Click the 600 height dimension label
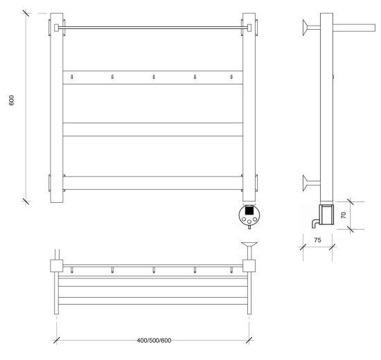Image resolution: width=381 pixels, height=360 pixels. pyautogui.click(x=11, y=100)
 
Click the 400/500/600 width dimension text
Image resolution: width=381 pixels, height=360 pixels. pyautogui.click(x=154, y=341)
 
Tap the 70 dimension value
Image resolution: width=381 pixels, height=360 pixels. pyautogui.click(x=344, y=215)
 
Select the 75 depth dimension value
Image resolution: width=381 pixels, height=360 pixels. pyautogui.click(x=317, y=240)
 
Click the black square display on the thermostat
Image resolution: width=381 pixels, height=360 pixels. pyautogui.click(x=249, y=210)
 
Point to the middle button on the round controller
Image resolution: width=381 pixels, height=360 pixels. pyautogui.click(x=249, y=222)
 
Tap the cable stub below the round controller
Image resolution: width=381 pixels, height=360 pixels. pyautogui.click(x=249, y=227)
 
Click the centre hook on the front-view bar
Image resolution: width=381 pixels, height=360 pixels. pyautogui.click(x=154, y=77)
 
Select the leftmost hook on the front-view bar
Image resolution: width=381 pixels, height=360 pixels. pyautogui.click(x=71, y=77)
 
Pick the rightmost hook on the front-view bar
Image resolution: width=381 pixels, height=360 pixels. pyautogui.click(x=231, y=77)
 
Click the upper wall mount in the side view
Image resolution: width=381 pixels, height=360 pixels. pyautogui.click(x=311, y=28)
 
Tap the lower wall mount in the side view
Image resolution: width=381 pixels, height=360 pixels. pyautogui.click(x=311, y=183)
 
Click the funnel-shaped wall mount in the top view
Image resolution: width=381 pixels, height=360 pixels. pyautogui.click(x=249, y=251)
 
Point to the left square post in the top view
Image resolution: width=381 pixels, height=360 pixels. pyautogui.click(x=57, y=266)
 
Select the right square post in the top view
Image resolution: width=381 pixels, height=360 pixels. pyautogui.click(x=249, y=266)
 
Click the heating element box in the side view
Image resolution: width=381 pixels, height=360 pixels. pyautogui.click(x=327, y=215)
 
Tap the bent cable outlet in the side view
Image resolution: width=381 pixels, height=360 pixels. pyautogui.click(x=315, y=224)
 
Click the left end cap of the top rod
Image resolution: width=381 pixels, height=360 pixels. pyautogui.click(x=56, y=28)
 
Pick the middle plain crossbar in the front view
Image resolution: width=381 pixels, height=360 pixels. pyautogui.click(x=153, y=129)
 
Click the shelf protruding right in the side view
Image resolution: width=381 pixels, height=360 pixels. pyautogui.click(x=354, y=28)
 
